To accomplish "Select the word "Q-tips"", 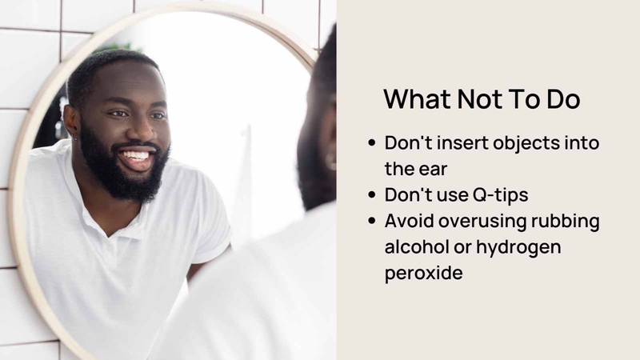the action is coord(501,195).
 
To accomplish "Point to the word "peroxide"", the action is coord(424,273).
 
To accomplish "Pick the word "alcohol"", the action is coord(416,246).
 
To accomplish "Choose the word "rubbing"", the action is coord(566,222).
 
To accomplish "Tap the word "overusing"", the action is coord(482,222).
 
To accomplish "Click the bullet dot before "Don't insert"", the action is coord(371,143).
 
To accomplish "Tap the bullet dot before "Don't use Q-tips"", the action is coord(371,194).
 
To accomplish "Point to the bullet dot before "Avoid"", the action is coord(371,221).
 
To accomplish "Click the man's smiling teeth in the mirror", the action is coord(135,156).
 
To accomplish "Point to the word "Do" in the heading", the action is coord(563,98).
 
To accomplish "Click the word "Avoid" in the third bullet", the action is coord(409,221).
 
